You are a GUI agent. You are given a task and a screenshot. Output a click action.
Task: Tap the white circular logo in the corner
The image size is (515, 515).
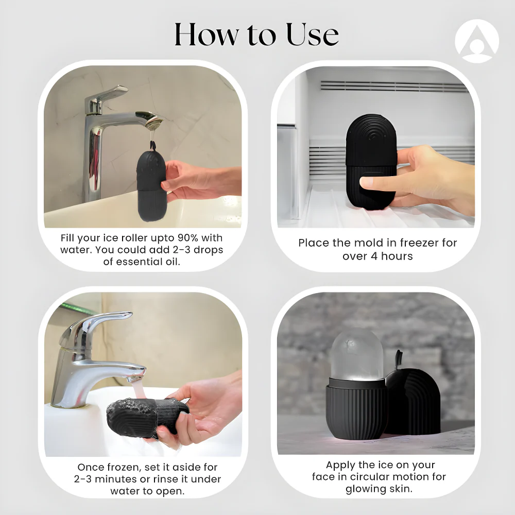click(x=476, y=41)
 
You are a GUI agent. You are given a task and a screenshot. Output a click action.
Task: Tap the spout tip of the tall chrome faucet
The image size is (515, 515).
click(x=153, y=123)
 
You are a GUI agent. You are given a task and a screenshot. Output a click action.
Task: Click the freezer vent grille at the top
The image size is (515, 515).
click(x=394, y=86)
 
